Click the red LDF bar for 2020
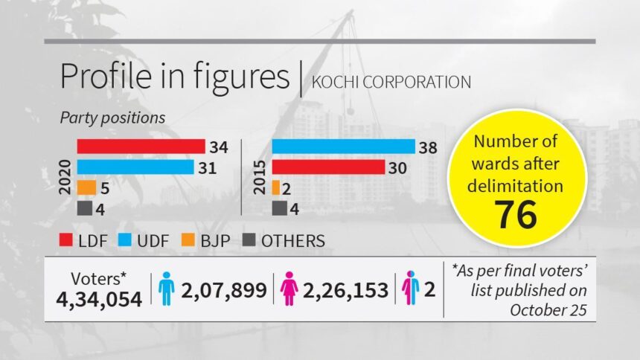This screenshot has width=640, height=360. point(141,146)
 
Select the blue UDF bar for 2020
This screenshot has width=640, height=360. point(135,167)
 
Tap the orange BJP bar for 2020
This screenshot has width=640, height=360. point(86,187)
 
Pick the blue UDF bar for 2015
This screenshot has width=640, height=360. point(343,147)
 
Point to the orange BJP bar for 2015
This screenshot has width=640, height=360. point(276,187)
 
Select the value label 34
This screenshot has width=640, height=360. point(220,147)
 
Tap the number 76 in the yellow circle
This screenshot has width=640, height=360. point(516,216)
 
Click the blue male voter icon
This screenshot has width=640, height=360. point(166,289)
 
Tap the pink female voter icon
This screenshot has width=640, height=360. point(289,289)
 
